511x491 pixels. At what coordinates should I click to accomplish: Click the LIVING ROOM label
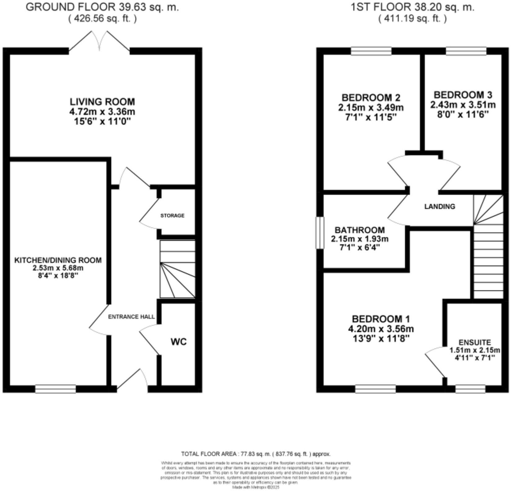tap(102, 102)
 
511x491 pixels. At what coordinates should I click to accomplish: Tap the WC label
tap(179, 342)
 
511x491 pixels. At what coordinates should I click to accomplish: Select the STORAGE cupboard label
tap(172, 215)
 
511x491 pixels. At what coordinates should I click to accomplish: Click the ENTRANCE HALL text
tap(131, 317)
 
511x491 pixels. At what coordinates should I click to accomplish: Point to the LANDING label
tap(440, 206)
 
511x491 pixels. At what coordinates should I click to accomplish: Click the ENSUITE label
tap(475, 343)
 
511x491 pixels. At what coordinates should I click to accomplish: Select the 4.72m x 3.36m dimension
tap(102, 111)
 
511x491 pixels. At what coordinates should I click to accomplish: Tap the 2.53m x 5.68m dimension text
tap(58, 268)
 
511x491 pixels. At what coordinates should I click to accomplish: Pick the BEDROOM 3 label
tap(463, 95)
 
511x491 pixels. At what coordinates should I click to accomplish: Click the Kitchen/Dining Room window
tap(56, 389)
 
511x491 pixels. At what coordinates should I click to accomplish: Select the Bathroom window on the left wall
tap(320, 232)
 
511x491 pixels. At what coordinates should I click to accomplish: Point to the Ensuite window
tap(470, 389)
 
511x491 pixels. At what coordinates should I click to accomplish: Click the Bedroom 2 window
tap(371, 51)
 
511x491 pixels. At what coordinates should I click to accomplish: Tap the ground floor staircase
tap(177, 270)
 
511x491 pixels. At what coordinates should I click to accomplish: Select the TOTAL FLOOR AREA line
tap(256, 454)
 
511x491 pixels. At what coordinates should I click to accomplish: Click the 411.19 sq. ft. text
tap(412, 19)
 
